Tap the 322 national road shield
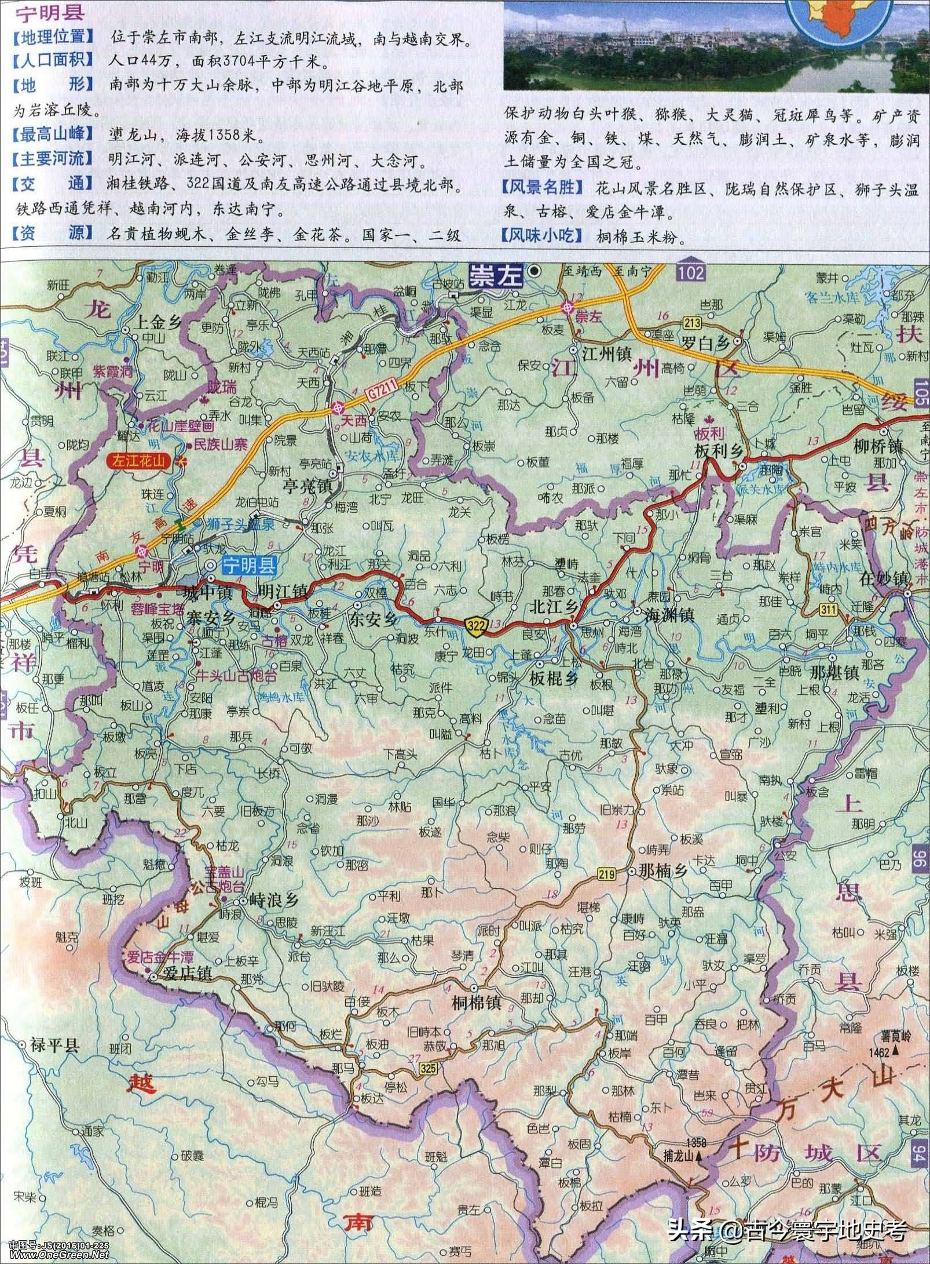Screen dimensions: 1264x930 [x=478, y=623]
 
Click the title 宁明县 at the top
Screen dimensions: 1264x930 [x=42, y=13]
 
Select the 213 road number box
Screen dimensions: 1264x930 [x=691, y=322]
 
